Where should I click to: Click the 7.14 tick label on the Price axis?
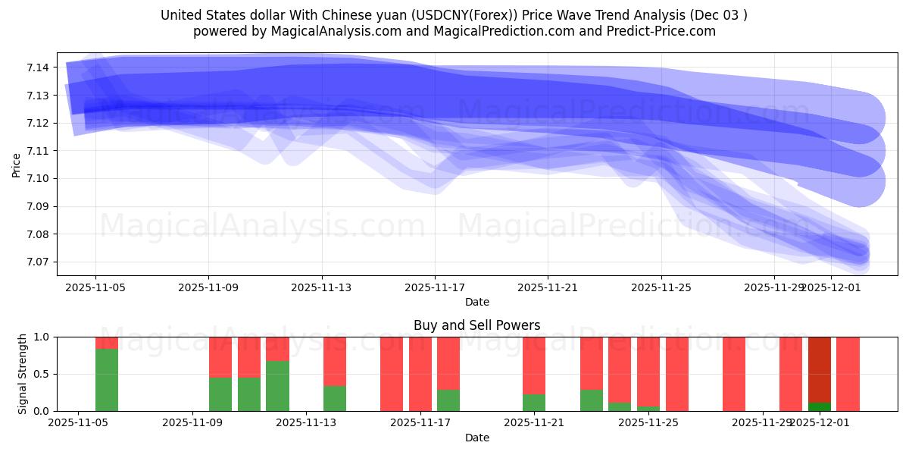38,67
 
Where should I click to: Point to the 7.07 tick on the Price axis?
38,262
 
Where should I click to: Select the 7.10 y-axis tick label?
38,178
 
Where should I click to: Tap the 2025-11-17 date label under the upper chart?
435,287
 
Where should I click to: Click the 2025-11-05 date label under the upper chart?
95,287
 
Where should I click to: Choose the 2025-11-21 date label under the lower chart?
534,423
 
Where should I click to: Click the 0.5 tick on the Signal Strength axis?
40,374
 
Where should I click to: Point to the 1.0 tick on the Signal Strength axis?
40,337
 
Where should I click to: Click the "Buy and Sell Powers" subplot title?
476,325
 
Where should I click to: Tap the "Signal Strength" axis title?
23,374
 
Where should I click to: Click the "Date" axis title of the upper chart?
476,302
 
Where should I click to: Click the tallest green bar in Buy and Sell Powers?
107,380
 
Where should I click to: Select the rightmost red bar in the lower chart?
848,374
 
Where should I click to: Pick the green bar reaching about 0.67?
277,386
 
